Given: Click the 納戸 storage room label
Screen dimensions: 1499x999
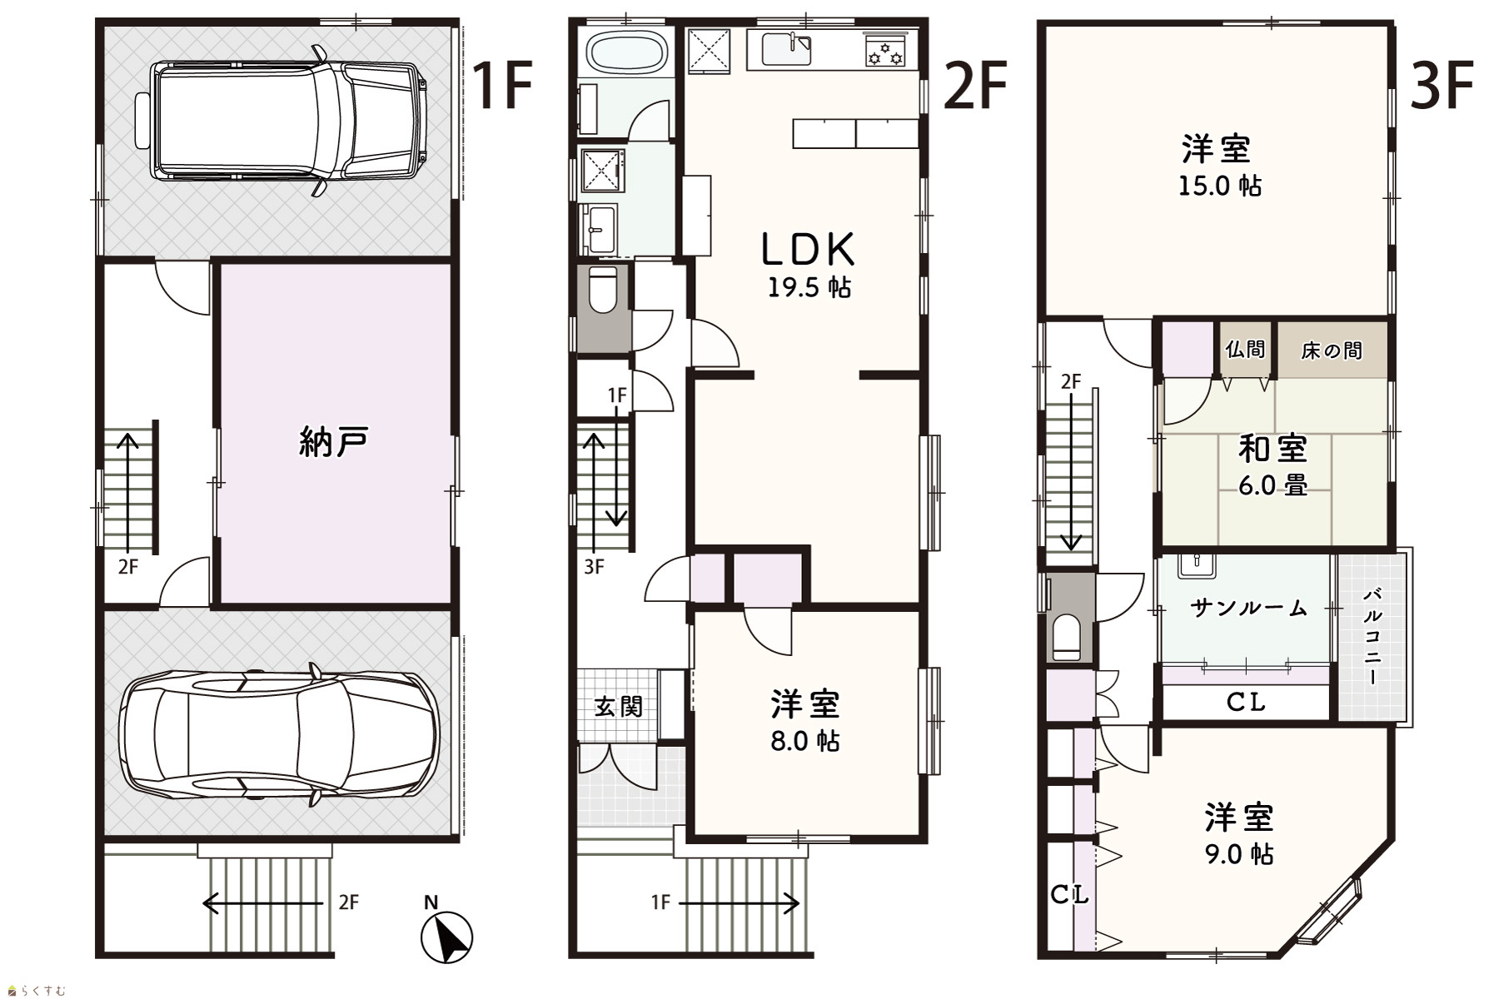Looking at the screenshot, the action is [x=333, y=443].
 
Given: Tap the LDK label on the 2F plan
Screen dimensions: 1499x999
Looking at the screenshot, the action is [x=809, y=249].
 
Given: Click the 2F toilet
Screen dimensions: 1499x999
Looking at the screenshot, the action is [x=603, y=288].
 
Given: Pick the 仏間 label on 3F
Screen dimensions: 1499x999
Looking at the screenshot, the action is [x=1245, y=349].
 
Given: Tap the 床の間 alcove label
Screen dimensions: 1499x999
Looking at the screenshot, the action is [x=1332, y=350].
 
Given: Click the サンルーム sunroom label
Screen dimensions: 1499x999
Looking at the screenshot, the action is [x=1249, y=608].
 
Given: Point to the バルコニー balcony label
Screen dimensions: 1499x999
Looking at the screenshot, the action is [x=1373, y=636].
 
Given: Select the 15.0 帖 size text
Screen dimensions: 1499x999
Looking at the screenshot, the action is [x=1219, y=185].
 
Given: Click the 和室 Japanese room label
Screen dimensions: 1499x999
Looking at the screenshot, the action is [x=1272, y=449].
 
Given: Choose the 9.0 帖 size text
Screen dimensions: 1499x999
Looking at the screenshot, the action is [x=1238, y=854].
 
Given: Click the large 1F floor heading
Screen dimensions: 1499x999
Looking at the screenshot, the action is [x=501, y=87].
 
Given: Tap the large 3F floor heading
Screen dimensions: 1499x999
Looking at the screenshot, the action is [x=1442, y=87].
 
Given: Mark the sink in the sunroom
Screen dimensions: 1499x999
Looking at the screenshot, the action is [x=1197, y=566].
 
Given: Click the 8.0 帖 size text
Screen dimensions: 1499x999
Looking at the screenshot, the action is [x=804, y=740].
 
